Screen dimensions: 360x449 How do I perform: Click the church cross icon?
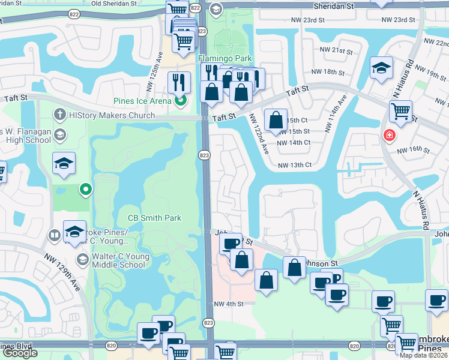[x=59, y=114]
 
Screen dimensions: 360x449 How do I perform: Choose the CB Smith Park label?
[x=154, y=218]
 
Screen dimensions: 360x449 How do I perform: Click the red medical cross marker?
[x=390, y=136]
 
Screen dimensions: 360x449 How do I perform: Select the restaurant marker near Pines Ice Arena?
[x=178, y=82]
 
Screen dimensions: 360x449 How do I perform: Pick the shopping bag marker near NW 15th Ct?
[x=276, y=119]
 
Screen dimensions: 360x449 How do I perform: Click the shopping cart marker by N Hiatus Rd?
[x=400, y=110]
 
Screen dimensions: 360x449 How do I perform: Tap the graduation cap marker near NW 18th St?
[x=381, y=67]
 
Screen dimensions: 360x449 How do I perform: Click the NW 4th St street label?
[x=229, y=304]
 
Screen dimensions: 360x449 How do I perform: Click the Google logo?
[x=20, y=353]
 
